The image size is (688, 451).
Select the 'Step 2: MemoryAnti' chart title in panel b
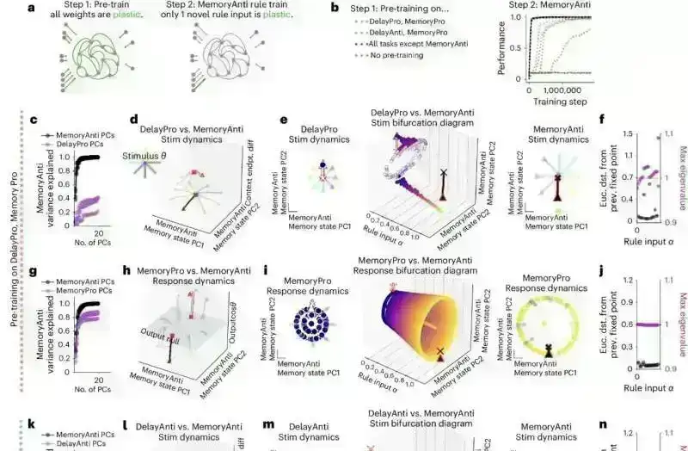click(x=552, y=5)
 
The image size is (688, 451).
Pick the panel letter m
click(x=268, y=424)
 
